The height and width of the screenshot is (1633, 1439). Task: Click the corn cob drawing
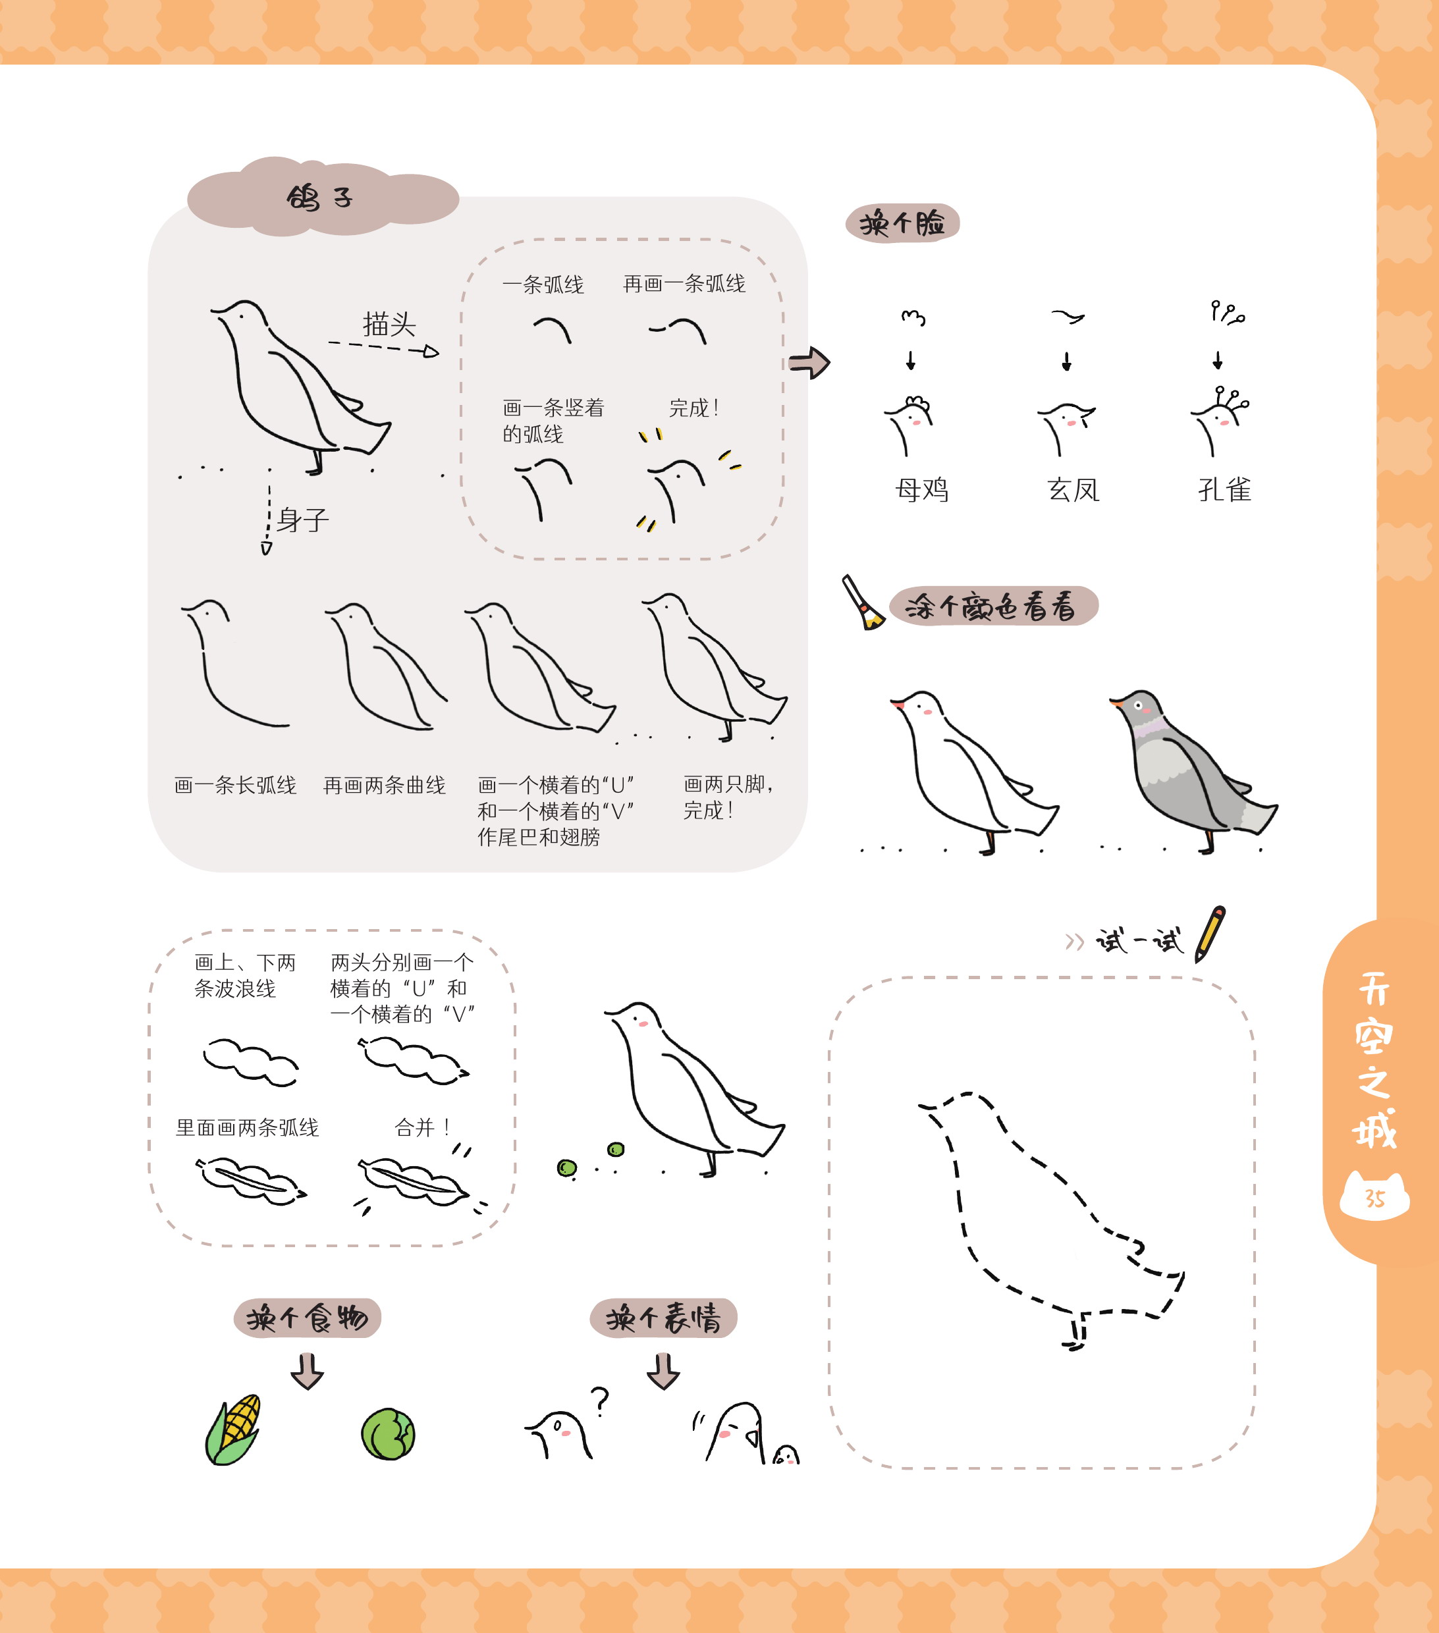point(233,1430)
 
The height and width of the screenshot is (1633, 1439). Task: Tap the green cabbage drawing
point(389,1434)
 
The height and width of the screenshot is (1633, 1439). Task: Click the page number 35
point(1374,1198)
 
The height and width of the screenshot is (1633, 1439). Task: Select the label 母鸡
point(922,489)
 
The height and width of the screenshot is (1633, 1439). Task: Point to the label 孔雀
point(1224,489)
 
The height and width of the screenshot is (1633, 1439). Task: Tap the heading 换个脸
point(902,223)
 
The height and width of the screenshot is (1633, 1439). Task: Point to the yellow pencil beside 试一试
point(1210,934)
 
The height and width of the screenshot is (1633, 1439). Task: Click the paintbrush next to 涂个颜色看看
point(863,602)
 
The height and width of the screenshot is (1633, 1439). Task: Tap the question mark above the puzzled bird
point(600,1402)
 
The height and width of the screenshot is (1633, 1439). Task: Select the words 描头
point(389,325)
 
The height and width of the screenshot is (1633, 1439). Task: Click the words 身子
point(303,520)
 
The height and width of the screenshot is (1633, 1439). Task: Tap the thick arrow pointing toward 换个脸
point(809,363)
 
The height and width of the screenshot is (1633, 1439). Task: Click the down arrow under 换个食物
point(307,1371)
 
